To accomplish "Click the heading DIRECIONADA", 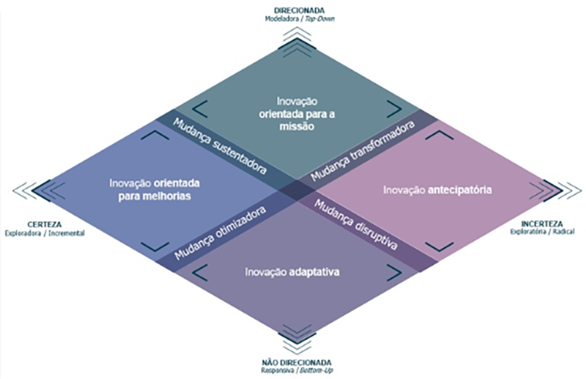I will (299, 11).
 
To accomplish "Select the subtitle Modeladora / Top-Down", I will (299, 19).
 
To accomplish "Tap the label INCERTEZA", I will (541, 223).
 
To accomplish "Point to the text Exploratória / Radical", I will (541, 232).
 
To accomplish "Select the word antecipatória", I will (459, 188).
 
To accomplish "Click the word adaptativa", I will (315, 272).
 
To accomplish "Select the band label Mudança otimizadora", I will (219, 232).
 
